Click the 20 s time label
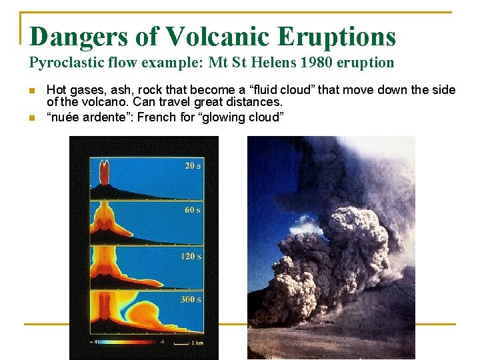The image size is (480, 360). click(193, 165)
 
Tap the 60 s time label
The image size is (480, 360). click(193, 210)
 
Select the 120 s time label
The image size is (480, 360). click(191, 256)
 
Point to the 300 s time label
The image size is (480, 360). click(191, 299)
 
